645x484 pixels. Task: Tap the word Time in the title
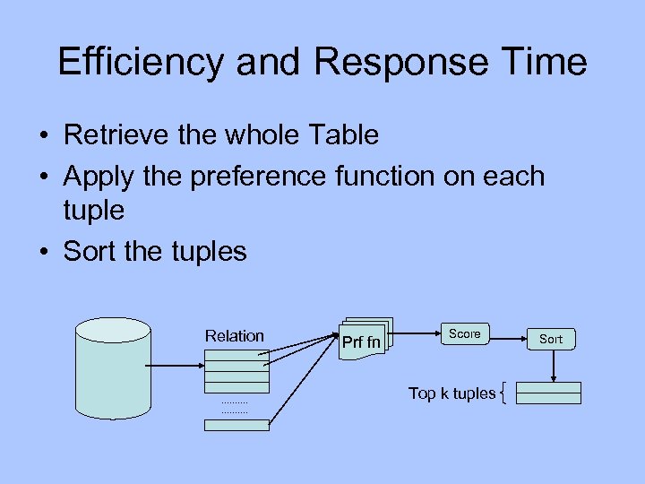(x=544, y=62)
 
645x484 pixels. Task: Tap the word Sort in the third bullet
(x=90, y=251)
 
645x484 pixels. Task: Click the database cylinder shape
(x=112, y=367)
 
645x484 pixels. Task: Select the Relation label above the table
(x=235, y=336)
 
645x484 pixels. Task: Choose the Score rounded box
(x=465, y=334)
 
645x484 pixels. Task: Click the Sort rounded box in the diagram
(x=551, y=339)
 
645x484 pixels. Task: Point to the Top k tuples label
(x=451, y=393)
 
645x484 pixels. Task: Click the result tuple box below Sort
(x=549, y=393)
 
